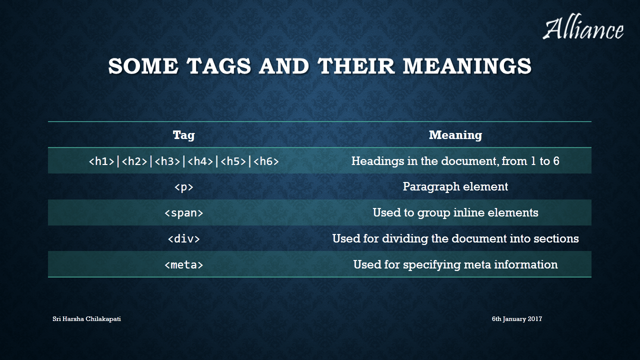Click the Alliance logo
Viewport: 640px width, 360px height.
[583, 26]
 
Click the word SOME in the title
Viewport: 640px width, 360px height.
[143, 66]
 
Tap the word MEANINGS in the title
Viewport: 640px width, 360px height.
[467, 66]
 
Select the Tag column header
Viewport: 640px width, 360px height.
[183, 135]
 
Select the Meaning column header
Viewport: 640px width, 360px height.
[455, 135]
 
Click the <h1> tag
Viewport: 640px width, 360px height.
[101, 161]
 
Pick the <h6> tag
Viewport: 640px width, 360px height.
[266, 161]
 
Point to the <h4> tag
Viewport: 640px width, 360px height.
[200, 161]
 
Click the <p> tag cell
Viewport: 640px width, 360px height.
[183, 187]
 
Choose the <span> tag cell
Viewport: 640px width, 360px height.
[183, 213]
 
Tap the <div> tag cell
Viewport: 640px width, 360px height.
[183, 238]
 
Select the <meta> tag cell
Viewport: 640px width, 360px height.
[183, 264]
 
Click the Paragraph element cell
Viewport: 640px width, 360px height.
[455, 187]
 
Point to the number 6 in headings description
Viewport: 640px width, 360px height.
[556, 161]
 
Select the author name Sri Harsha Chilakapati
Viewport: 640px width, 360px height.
[86, 319]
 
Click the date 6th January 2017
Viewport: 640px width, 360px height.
[517, 319]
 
